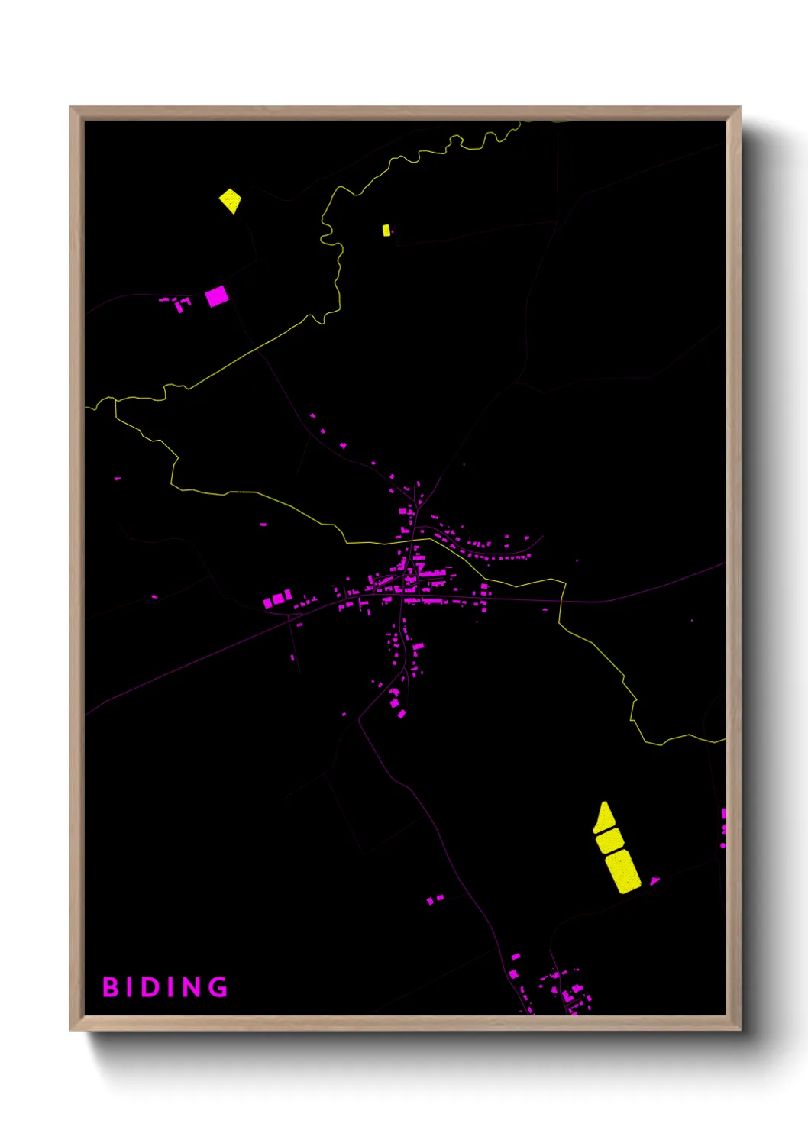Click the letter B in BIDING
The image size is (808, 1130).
(111, 987)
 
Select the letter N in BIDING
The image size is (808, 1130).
(192, 987)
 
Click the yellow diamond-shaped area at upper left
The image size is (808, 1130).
(230, 201)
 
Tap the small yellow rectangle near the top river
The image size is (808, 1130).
(386, 230)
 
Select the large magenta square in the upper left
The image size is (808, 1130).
(217, 295)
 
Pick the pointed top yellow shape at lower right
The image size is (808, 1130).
(604, 818)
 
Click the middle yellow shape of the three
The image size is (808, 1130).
(610, 841)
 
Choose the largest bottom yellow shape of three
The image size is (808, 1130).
(623, 872)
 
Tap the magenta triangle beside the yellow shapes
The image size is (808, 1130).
(654, 881)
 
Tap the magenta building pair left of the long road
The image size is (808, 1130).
(435, 899)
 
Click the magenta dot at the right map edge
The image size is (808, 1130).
(722, 845)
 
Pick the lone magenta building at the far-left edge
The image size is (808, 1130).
(117, 479)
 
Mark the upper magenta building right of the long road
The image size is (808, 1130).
(516, 957)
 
